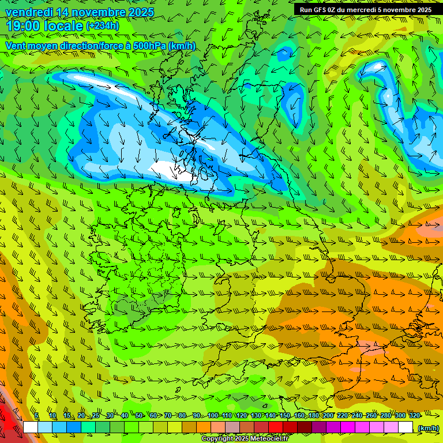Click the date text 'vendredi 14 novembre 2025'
coord(80,12)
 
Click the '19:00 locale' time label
coord(44,25)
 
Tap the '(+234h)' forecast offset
coord(102,25)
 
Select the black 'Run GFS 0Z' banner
coord(365,9)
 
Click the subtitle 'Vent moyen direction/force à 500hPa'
coord(87,46)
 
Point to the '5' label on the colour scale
coord(37,415)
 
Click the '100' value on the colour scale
coord(213,415)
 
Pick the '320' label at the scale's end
coord(414,415)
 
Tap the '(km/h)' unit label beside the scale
coord(427,427)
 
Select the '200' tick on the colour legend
coord(328,415)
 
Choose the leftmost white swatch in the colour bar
coord(31,427)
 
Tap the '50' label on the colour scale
coord(139,415)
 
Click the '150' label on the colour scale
coord(285,415)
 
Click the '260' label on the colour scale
coord(371,415)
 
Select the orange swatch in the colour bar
coord(204,427)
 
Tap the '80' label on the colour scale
coord(182,415)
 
